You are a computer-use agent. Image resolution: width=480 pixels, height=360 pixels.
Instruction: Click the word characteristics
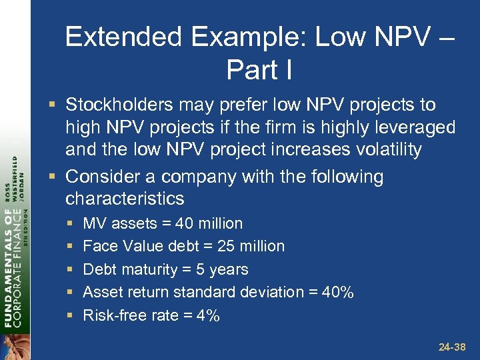click(x=125, y=199)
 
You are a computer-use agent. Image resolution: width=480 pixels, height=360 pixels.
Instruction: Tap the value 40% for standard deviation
click(x=339, y=292)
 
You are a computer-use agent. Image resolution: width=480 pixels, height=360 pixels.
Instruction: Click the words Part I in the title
click(x=259, y=69)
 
